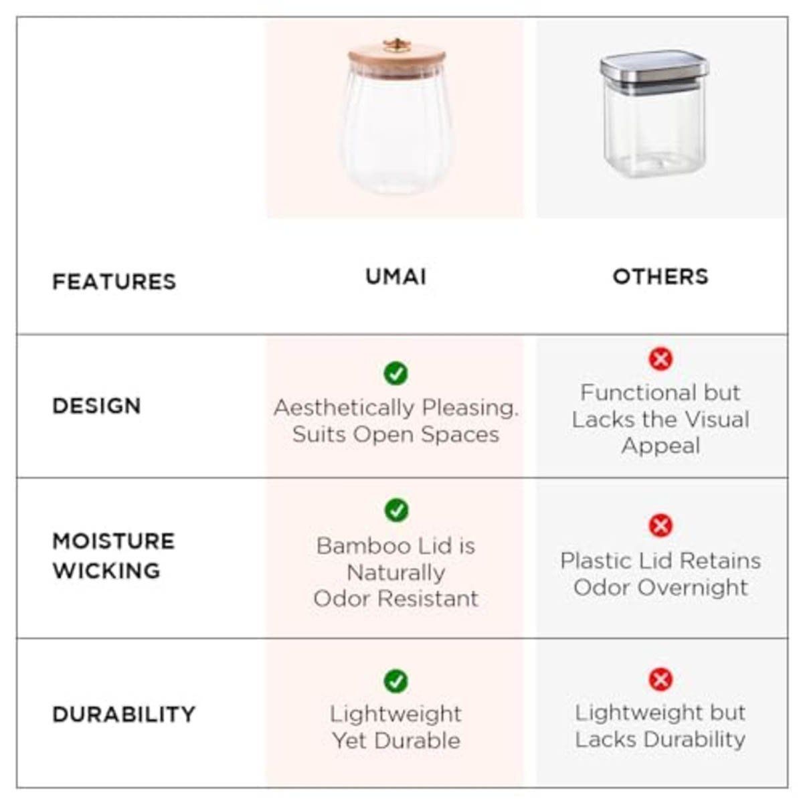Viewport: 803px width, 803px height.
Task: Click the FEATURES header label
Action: pos(114,282)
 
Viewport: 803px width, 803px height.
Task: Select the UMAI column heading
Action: pos(395,277)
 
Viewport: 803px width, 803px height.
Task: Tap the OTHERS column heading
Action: pos(660,276)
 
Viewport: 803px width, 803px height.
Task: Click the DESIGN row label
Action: pos(97,406)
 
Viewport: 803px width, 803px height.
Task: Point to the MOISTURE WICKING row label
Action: pos(113,555)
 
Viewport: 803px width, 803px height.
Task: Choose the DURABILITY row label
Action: pos(124,714)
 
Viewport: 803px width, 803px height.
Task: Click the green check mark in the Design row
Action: pos(396,373)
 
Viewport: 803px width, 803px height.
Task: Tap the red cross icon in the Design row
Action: pos(660,359)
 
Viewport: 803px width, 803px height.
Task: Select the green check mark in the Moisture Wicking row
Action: pos(396,511)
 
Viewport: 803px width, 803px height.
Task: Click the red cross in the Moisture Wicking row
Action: pos(660,525)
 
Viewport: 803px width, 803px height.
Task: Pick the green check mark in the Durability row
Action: pos(396,681)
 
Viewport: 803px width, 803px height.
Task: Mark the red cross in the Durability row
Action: pos(660,680)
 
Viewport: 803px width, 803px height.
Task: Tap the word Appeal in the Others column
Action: pos(660,446)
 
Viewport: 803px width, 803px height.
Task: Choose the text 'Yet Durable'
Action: pos(396,740)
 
